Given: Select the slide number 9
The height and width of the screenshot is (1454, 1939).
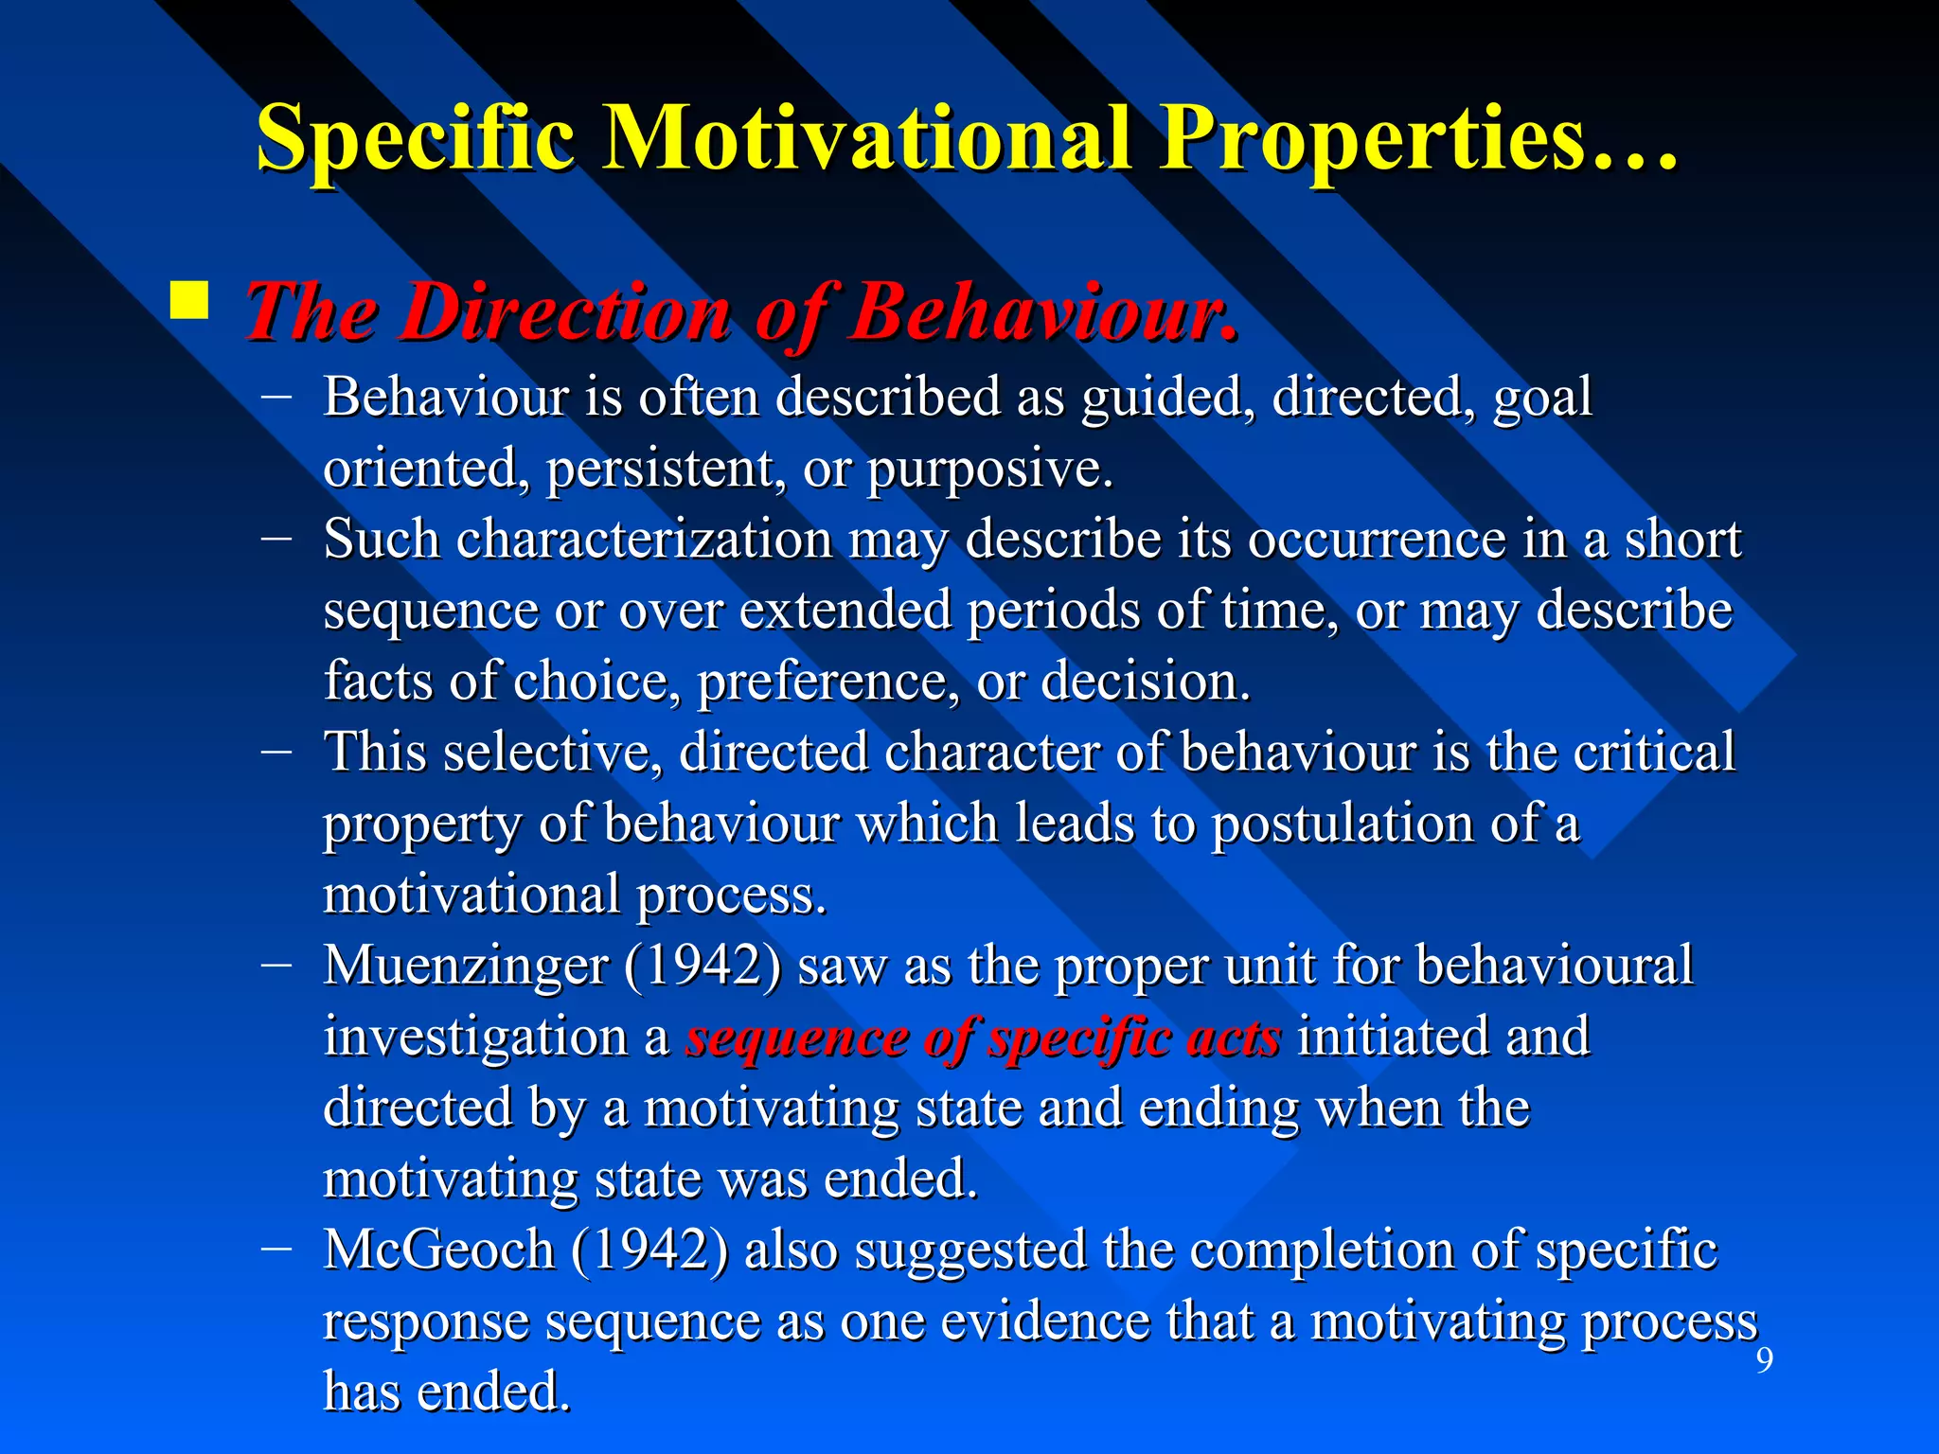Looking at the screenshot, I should point(1764,1360).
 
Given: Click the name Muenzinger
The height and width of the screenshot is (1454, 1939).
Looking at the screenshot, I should point(466,966).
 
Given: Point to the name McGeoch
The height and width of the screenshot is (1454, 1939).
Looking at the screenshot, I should point(438,1250).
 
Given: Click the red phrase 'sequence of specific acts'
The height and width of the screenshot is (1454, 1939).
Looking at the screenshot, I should point(984,1037).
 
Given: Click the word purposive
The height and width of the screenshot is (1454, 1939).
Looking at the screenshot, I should point(989,469).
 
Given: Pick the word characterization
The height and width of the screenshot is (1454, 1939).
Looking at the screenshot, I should point(644,540).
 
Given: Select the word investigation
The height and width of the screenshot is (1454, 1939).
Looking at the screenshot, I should point(475,1037).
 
